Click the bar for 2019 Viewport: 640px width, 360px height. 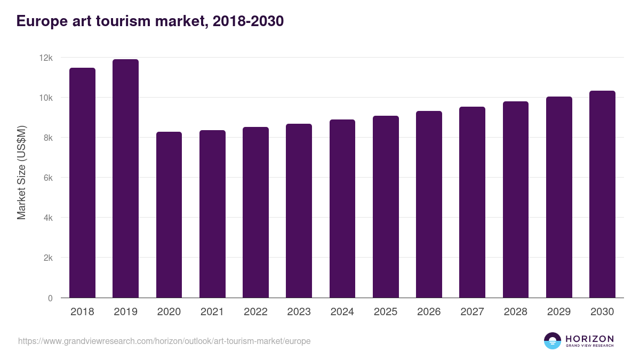click(125, 179)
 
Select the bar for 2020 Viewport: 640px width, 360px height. click(169, 215)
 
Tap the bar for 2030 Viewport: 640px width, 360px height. click(602, 195)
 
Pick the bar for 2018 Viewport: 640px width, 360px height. click(82, 183)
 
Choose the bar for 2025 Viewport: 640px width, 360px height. click(386, 207)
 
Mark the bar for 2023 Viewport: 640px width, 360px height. click(299, 211)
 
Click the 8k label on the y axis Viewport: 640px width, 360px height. click(47, 138)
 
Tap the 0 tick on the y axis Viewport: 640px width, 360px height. click(50, 298)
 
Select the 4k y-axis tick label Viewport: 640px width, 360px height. click(47, 218)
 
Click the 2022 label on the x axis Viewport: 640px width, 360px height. click(255, 312)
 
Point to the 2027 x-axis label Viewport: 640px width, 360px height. click(472, 312)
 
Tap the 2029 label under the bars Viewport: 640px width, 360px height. click(559, 312)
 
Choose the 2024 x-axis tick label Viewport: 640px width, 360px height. click(342, 312)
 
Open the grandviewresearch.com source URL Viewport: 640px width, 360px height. click(164, 341)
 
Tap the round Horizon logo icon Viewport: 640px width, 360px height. click(553, 341)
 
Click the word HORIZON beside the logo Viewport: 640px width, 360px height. click(589, 339)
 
